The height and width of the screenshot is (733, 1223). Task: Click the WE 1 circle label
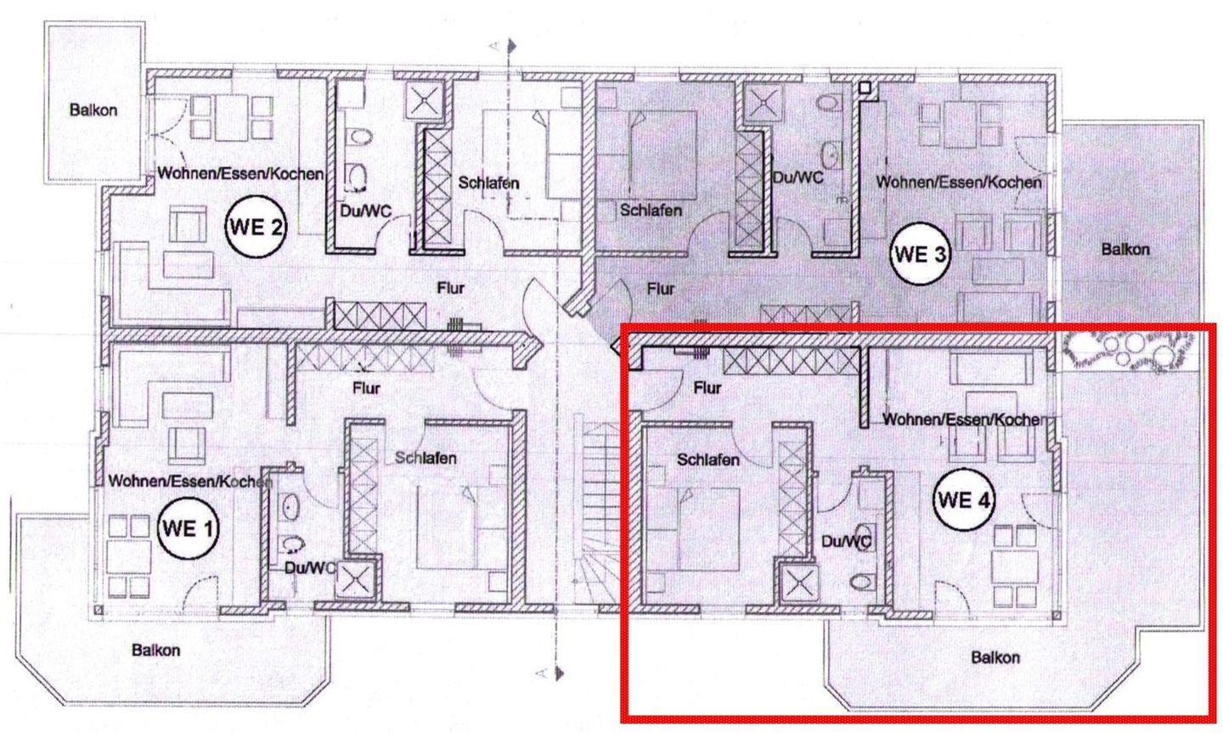coord(188,528)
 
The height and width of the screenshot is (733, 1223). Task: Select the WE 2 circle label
coord(256,226)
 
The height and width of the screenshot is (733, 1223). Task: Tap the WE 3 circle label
coord(920,253)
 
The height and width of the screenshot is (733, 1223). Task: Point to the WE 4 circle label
coord(964,499)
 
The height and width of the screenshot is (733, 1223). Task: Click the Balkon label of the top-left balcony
coord(93,110)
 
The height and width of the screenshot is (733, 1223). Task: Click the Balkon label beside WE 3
coord(1125,250)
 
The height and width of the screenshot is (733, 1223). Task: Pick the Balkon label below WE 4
coord(995,657)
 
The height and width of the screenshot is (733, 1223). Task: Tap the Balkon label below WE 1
coord(155,650)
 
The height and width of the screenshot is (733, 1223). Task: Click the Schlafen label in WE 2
coord(488,183)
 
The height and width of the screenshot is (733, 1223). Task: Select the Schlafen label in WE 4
coord(708,460)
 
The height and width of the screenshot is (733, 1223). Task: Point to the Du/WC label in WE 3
coord(797,178)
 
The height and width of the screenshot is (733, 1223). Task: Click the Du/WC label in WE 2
coord(366,211)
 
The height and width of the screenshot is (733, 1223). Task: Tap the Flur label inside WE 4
coord(707,388)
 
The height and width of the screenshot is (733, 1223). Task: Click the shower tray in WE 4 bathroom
coord(799,584)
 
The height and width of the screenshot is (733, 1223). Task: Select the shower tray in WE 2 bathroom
coord(425,100)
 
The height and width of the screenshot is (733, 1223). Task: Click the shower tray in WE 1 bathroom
coord(354,580)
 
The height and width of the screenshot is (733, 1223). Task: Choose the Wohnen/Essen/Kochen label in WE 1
coord(190,482)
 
